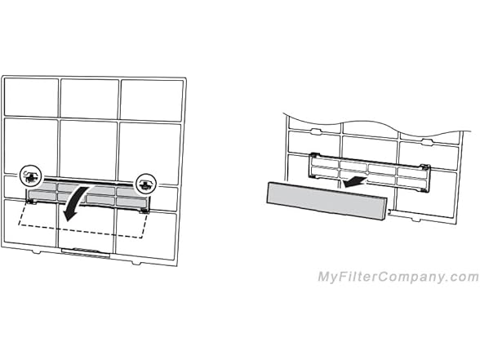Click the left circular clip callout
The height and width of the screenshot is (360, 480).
pos(30,176)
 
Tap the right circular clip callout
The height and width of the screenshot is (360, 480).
pos(146,184)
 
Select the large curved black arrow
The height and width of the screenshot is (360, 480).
pos(74,203)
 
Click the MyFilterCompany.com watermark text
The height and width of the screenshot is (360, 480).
pos(398,277)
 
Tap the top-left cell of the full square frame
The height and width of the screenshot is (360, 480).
pos(31,97)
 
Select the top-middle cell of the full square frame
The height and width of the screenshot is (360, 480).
pos(90,99)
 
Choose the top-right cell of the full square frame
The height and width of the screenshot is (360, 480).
pos(151,100)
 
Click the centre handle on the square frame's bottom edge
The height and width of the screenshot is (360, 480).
pos(86,252)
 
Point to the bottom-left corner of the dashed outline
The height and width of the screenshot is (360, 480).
pos(19,225)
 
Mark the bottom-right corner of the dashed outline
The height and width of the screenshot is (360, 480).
pos(141,238)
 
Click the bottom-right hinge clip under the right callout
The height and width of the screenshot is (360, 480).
pos(144,211)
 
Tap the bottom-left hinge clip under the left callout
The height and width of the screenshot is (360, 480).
pos(32,201)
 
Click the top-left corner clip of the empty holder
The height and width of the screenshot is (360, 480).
pos(315,155)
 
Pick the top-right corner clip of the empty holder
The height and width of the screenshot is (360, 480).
pos(425,167)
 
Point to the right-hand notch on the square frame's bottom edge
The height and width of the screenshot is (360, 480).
pos(136,263)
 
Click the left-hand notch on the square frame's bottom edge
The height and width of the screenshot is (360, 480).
pos(37,252)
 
